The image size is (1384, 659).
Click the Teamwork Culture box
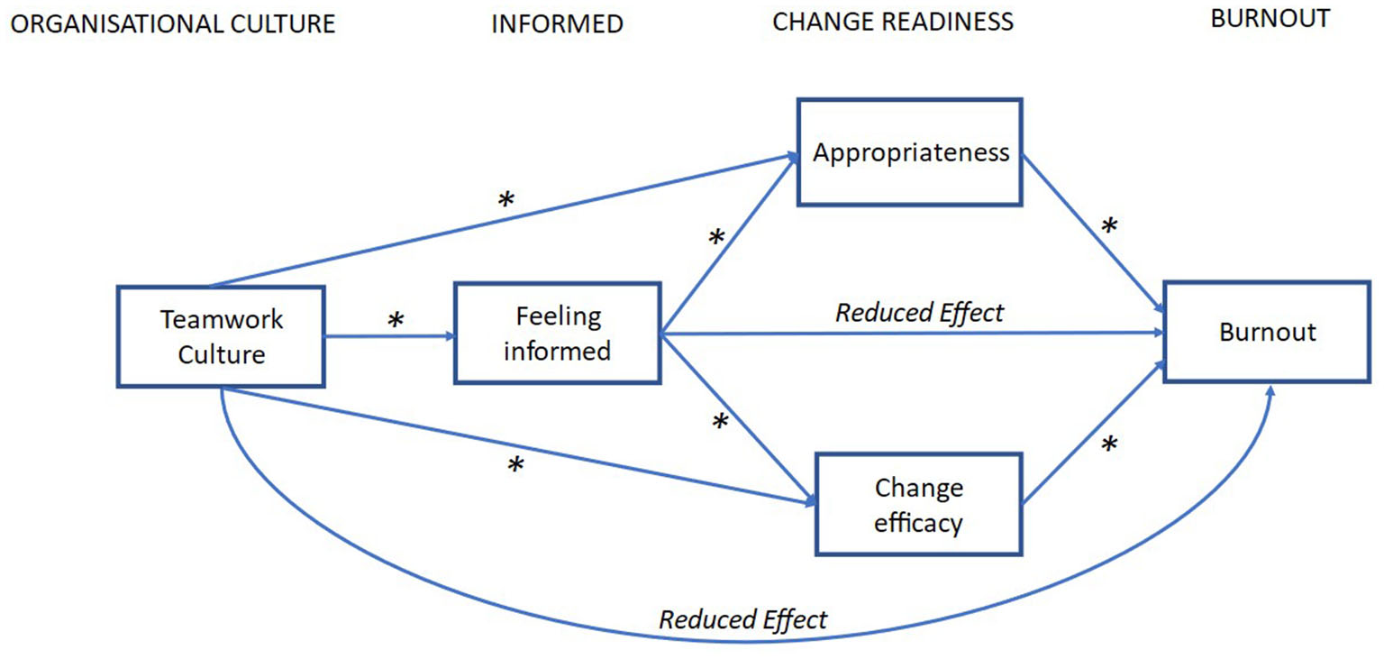tap(221, 336)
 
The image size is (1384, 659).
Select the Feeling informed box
tap(557, 333)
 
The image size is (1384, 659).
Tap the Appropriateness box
tap(910, 152)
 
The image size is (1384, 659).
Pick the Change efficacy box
tap(918, 504)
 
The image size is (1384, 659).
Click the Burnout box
tap(1267, 332)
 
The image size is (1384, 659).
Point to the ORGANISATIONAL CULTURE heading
tap(172, 24)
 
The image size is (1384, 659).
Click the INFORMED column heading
tap(557, 24)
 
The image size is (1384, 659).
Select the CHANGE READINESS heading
tap(893, 22)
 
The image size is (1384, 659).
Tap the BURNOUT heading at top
tap(1270, 19)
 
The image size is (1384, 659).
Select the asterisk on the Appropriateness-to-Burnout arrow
tap(1109, 227)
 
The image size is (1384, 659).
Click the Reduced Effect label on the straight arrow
tap(919, 313)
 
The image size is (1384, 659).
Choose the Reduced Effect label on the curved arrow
tap(742, 619)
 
